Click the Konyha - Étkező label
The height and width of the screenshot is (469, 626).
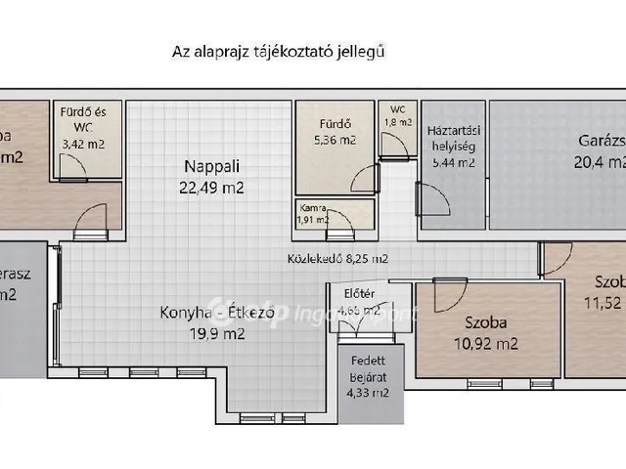click(x=202, y=314)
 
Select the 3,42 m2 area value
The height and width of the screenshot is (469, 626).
click(x=87, y=143)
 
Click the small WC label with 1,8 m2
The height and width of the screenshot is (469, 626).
click(x=397, y=115)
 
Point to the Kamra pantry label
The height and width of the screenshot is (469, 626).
click(x=313, y=207)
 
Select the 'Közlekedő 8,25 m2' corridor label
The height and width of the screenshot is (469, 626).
click(x=336, y=259)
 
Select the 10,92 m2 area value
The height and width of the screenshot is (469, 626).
click(x=486, y=343)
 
